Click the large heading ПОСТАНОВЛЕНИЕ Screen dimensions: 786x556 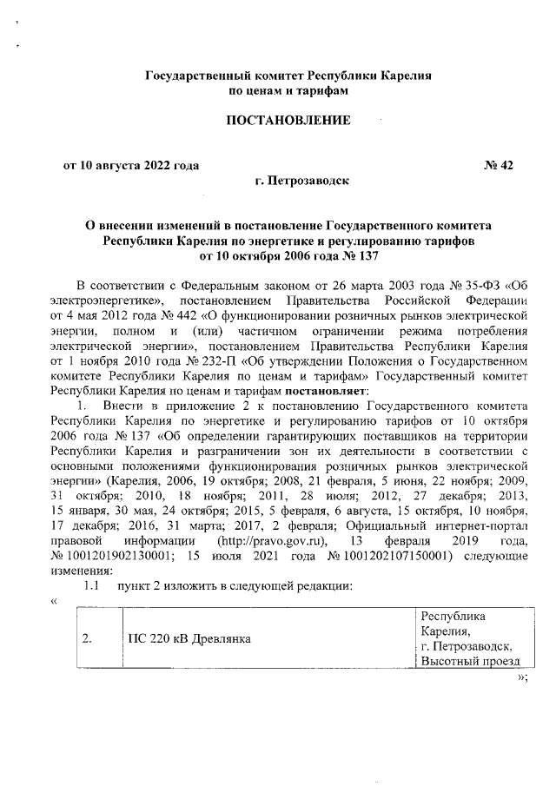pyautogui.click(x=288, y=121)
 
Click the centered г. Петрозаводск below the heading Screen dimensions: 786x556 pyautogui.click(x=302, y=182)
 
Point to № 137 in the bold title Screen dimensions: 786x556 pyautogui.click(x=356, y=254)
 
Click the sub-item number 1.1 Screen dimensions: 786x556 pyautogui.click(x=91, y=586)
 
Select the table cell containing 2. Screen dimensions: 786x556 pyautogui.click(x=86, y=639)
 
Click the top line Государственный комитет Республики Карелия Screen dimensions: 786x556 pyautogui.click(x=288, y=76)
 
